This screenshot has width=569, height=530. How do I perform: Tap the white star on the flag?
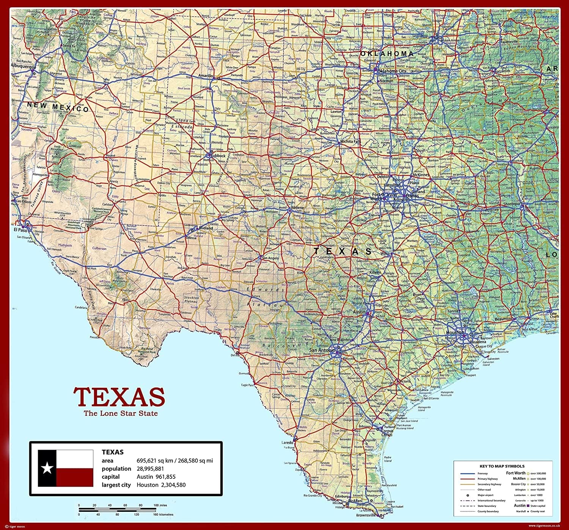coord(47,468)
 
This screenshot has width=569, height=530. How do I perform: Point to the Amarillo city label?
coord(206,76)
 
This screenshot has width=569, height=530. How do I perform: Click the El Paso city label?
coord(20,230)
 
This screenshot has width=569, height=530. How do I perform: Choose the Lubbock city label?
coord(218,155)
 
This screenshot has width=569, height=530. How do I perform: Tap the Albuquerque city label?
coord(24,66)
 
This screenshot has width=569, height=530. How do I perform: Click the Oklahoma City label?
coord(392,71)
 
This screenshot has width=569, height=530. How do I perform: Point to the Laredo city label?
coord(287,442)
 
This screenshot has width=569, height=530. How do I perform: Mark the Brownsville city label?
coord(366,515)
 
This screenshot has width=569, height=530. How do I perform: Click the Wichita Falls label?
coord(351,141)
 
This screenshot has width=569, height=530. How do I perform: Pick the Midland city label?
coord(206,228)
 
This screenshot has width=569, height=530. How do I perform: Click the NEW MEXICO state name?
coord(58,107)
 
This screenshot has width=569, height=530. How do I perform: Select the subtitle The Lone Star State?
coord(121,413)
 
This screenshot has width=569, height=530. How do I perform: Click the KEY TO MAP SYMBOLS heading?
coord(502,466)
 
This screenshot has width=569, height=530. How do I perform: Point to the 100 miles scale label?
coord(160,505)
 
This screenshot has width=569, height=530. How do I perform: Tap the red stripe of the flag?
coord(75,477)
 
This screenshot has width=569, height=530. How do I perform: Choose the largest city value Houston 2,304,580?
coord(161,485)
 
